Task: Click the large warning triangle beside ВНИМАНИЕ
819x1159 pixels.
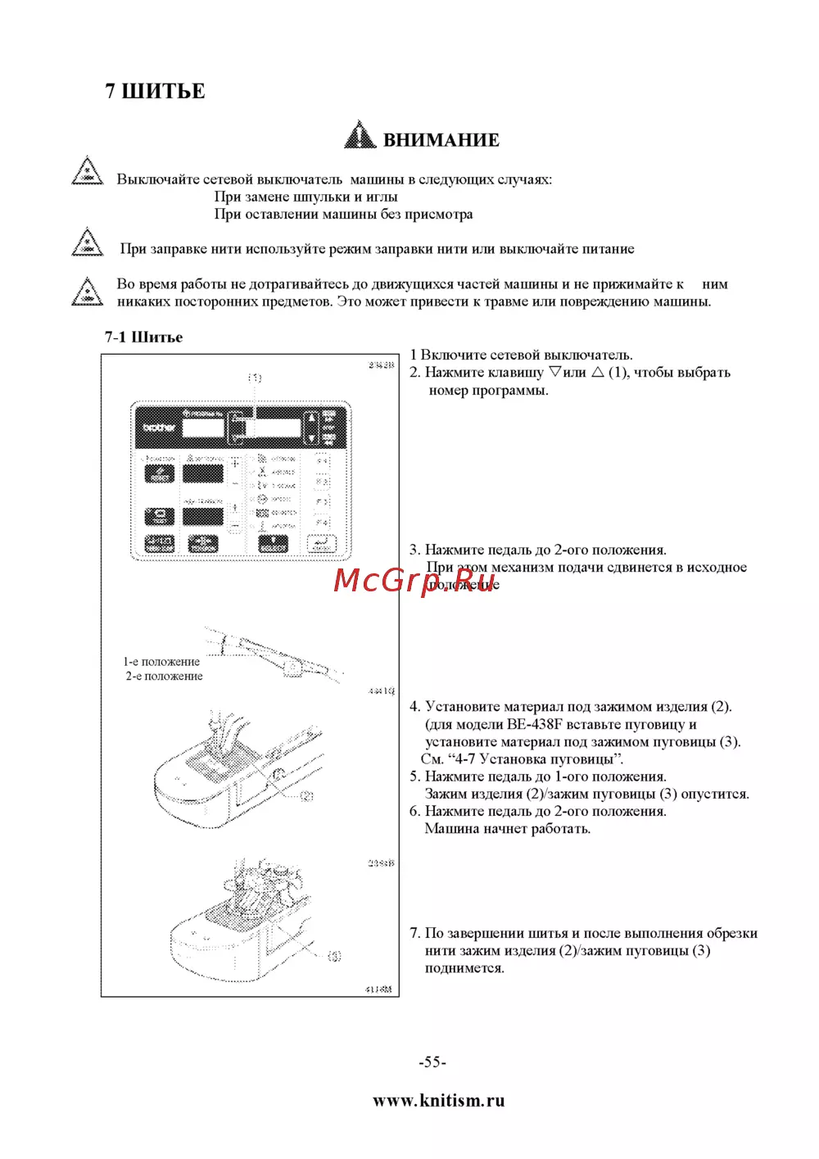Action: [360, 135]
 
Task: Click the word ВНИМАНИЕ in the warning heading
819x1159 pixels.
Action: [441, 140]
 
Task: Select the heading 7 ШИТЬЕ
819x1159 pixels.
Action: [155, 91]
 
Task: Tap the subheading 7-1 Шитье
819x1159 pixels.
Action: [143, 337]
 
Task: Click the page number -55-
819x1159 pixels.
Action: [432, 1062]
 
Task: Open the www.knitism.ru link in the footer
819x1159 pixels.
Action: [438, 1100]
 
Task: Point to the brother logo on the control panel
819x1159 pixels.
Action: [159, 428]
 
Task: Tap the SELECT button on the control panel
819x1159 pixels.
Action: [274, 543]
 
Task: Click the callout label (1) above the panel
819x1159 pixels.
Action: [255, 378]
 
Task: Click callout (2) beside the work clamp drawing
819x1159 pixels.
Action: [306, 795]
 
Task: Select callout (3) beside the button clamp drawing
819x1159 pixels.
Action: [333, 956]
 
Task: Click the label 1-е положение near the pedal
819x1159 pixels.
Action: [161, 662]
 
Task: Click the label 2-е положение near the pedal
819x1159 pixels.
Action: [164, 677]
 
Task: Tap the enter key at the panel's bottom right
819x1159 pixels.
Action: [321, 543]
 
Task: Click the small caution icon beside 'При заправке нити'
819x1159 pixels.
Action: [88, 243]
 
